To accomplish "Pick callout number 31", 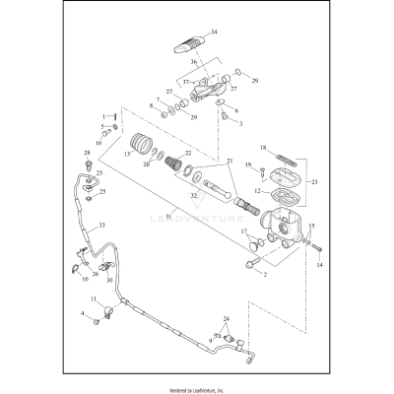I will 170,216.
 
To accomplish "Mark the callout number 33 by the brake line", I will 101,226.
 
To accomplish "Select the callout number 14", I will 318,264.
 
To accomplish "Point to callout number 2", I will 263,273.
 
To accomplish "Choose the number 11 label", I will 94,299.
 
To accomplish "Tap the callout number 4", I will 83,314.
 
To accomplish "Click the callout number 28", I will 87,153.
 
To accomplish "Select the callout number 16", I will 98,143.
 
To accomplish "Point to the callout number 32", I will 194,195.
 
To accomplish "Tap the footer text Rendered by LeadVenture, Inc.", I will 197,388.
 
